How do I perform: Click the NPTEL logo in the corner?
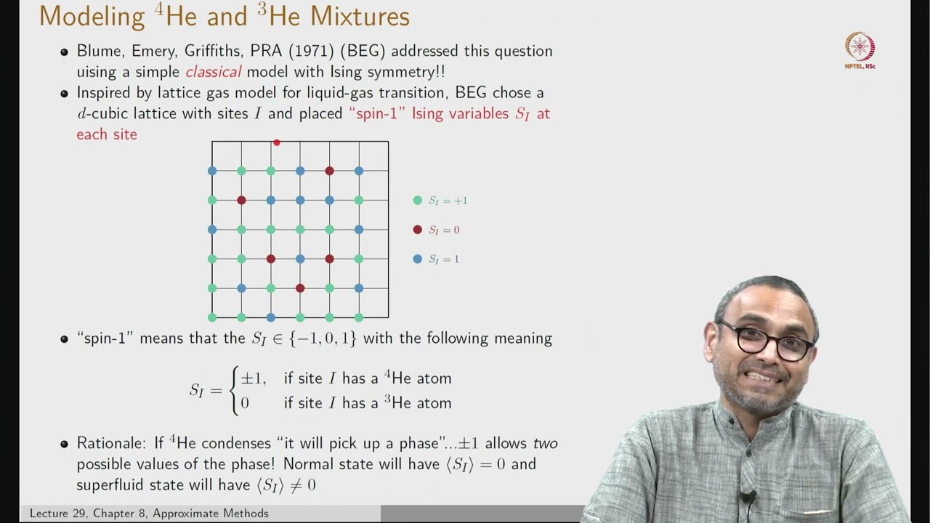pyautogui.click(x=860, y=48)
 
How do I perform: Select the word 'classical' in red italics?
pyautogui.click(x=213, y=72)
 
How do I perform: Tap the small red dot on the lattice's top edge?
pyautogui.click(x=276, y=142)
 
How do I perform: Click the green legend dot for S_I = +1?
pyautogui.click(x=417, y=200)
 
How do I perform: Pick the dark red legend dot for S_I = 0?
pyautogui.click(x=417, y=230)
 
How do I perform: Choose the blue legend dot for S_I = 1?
pyautogui.click(x=417, y=259)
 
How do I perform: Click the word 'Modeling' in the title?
pyautogui.click(x=92, y=16)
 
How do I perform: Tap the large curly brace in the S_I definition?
pyautogui.click(x=234, y=390)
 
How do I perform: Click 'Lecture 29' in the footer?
pyautogui.click(x=60, y=514)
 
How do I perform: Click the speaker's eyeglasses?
pyautogui.click(x=767, y=340)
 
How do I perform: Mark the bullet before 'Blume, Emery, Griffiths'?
pyautogui.click(x=64, y=52)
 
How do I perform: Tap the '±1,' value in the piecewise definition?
pyautogui.click(x=254, y=378)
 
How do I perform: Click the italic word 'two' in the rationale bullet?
pyautogui.click(x=546, y=443)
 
